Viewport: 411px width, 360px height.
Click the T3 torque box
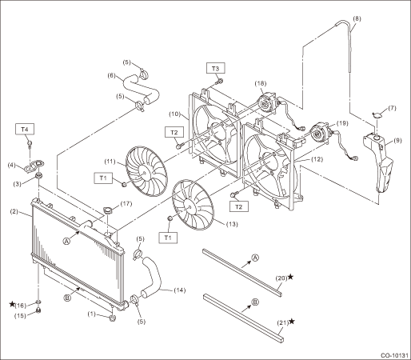[x=215, y=68]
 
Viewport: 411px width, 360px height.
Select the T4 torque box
[x=25, y=129]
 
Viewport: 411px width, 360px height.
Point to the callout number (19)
[x=342, y=123]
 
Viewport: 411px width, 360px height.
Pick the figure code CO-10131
[x=394, y=355]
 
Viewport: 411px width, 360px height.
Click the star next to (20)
[x=290, y=277]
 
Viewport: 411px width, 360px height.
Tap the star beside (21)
[x=292, y=321]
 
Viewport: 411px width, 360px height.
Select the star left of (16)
[x=12, y=304]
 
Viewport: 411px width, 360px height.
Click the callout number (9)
[x=397, y=140]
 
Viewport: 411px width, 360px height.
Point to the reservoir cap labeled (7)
[x=376, y=115]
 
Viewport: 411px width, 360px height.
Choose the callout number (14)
[x=180, y=290]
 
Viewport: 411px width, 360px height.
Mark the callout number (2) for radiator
[x=14, y=211]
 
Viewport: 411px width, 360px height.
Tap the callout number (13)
[x=232, y=224]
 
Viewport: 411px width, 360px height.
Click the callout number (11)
[x=110, y=162]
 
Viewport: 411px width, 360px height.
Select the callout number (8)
[x=357, y=18]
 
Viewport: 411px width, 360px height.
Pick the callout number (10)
[x=175, y=114]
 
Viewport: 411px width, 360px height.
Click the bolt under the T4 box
[x=30, y=144]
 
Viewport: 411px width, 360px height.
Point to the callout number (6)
[x=112, y=75]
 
